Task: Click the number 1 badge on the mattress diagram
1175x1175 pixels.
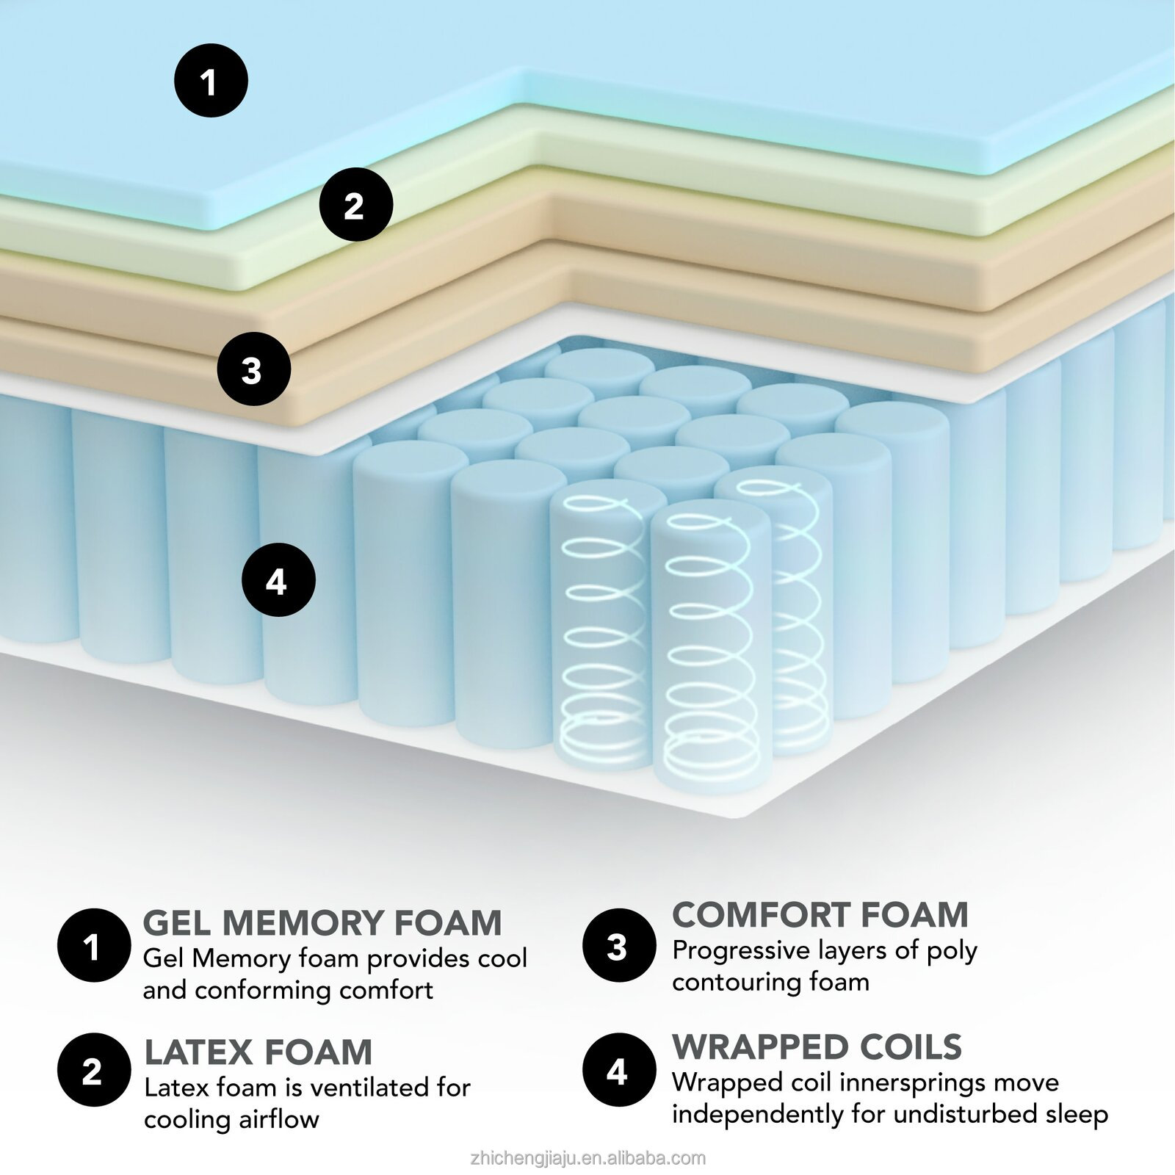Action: click(x=211, y=81)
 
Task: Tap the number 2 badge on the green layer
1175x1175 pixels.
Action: click(x=355, y=204)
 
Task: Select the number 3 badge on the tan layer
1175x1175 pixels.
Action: click(x=254, y=369)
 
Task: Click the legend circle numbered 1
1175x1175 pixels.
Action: click(x=93, y=946)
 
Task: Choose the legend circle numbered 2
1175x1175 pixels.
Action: click(x=93, y=1071)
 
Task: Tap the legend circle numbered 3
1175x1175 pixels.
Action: click(x=618, y=946)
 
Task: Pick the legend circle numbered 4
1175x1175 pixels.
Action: click(x=618, y=1071)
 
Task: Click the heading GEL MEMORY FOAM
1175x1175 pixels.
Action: click(x=322, y=922)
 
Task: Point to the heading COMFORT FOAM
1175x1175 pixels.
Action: click(x=820, y=915)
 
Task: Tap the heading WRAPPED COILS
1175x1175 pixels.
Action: click(x=817, y=1047)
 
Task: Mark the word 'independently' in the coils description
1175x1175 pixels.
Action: click(x=758, y=1116)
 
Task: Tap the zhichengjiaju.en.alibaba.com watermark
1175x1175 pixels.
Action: click(x=587, y=1159)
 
